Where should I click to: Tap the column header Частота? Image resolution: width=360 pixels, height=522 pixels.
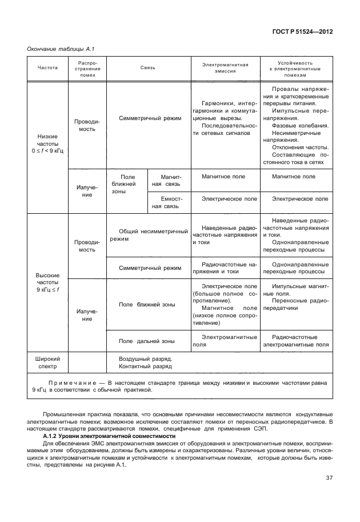tap(47, 67)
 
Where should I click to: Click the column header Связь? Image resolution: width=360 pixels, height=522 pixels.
tap(148, 67)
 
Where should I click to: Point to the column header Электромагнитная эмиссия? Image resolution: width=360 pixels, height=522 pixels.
tap(225, 67)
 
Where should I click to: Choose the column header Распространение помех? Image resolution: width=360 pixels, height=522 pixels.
tap(87, 67)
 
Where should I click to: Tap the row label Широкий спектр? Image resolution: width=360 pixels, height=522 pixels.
tap(47, 362)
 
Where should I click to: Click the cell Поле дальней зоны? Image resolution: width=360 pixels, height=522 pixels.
tap(147, 341)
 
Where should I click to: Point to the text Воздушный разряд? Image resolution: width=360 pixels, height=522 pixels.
tap(145, 358)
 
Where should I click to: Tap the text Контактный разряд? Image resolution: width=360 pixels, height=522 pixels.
tap(145, 367)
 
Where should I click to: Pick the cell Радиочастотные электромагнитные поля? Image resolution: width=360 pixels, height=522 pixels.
tap(295, 341)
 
